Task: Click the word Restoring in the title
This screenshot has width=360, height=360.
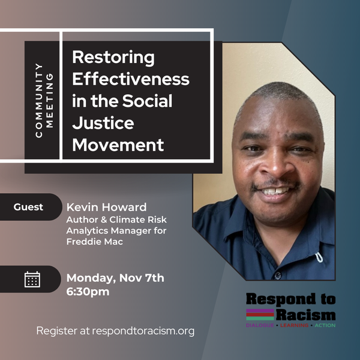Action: [x=113, y=58]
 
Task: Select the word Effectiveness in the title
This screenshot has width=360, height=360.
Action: [x=131, y=79]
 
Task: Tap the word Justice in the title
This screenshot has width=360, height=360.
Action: [x=103, y=123]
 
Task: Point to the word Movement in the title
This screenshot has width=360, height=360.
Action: [x=118, y=145]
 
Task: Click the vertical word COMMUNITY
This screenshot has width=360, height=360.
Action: [x=39, y=101]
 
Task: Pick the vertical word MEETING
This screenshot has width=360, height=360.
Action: [x=49, y=101]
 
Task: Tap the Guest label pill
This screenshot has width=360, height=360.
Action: [x=31, y=207]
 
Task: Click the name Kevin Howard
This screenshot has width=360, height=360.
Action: [x=107, y=207]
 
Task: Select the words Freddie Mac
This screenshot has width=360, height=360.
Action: [x=95, y=242]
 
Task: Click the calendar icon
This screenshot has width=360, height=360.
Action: [x=32, y=279]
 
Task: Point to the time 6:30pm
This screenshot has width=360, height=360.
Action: [x=88, y=292]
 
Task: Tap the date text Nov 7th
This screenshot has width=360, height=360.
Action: [x=142, y=278]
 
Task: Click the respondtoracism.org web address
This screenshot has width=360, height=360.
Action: [x=143, y=331]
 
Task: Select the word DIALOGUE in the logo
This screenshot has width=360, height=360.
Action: [x=260, y=325]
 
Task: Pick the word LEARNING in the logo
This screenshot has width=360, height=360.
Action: [x=295, y=325]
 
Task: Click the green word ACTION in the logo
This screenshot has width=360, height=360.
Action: [x=325, y=325]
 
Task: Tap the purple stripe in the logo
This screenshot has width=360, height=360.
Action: [x=260, y=311]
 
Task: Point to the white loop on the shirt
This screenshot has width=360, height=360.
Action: [x=319, y=257]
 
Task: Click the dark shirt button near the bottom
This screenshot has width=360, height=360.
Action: [x=278, y=275]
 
